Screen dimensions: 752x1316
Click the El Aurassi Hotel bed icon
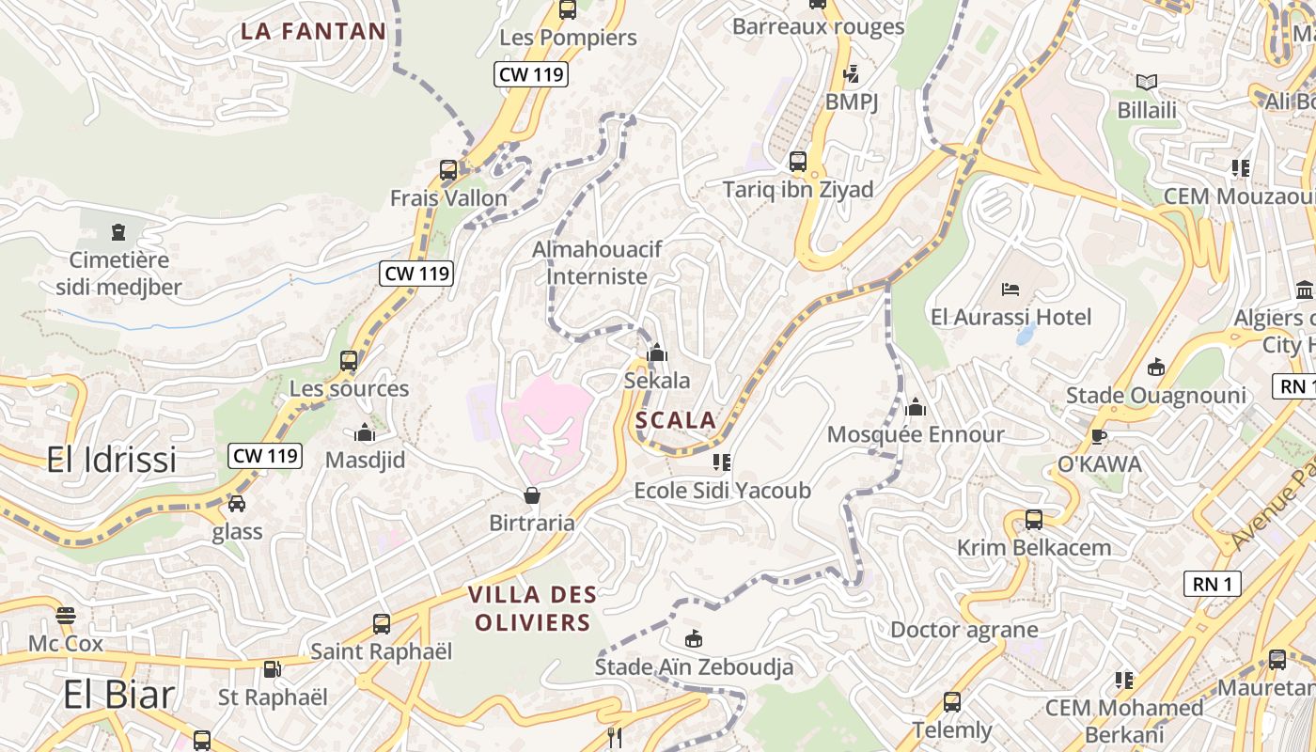(1010, 289)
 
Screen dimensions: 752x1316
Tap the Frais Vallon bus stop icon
(448, 170)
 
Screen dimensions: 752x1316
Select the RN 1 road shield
(1212, 584)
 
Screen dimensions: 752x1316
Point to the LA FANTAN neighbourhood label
(313, 31)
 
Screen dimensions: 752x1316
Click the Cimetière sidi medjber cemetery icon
(118, 231)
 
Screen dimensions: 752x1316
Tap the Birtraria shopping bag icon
(532, 495)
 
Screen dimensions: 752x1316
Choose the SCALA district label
(675, 420)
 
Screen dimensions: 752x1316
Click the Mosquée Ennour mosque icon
(916, 407)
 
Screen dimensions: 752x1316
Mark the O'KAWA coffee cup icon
(1098, 436)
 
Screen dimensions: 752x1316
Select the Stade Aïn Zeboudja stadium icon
(694, 639)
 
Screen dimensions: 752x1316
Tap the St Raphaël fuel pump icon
(272, 669)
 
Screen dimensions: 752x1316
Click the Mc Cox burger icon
(65, 616)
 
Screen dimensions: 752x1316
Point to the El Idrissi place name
(112, 460)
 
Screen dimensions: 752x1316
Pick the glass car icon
(237, 504)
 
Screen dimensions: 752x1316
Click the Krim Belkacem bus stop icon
(1034, 520)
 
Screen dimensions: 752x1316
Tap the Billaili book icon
(1147, 83)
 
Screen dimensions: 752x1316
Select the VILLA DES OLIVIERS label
(532, 608)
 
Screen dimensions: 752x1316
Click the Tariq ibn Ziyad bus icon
(798, 162)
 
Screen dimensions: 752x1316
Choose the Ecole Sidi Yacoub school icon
(722, 462)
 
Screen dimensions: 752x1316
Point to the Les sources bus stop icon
(349, 361)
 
